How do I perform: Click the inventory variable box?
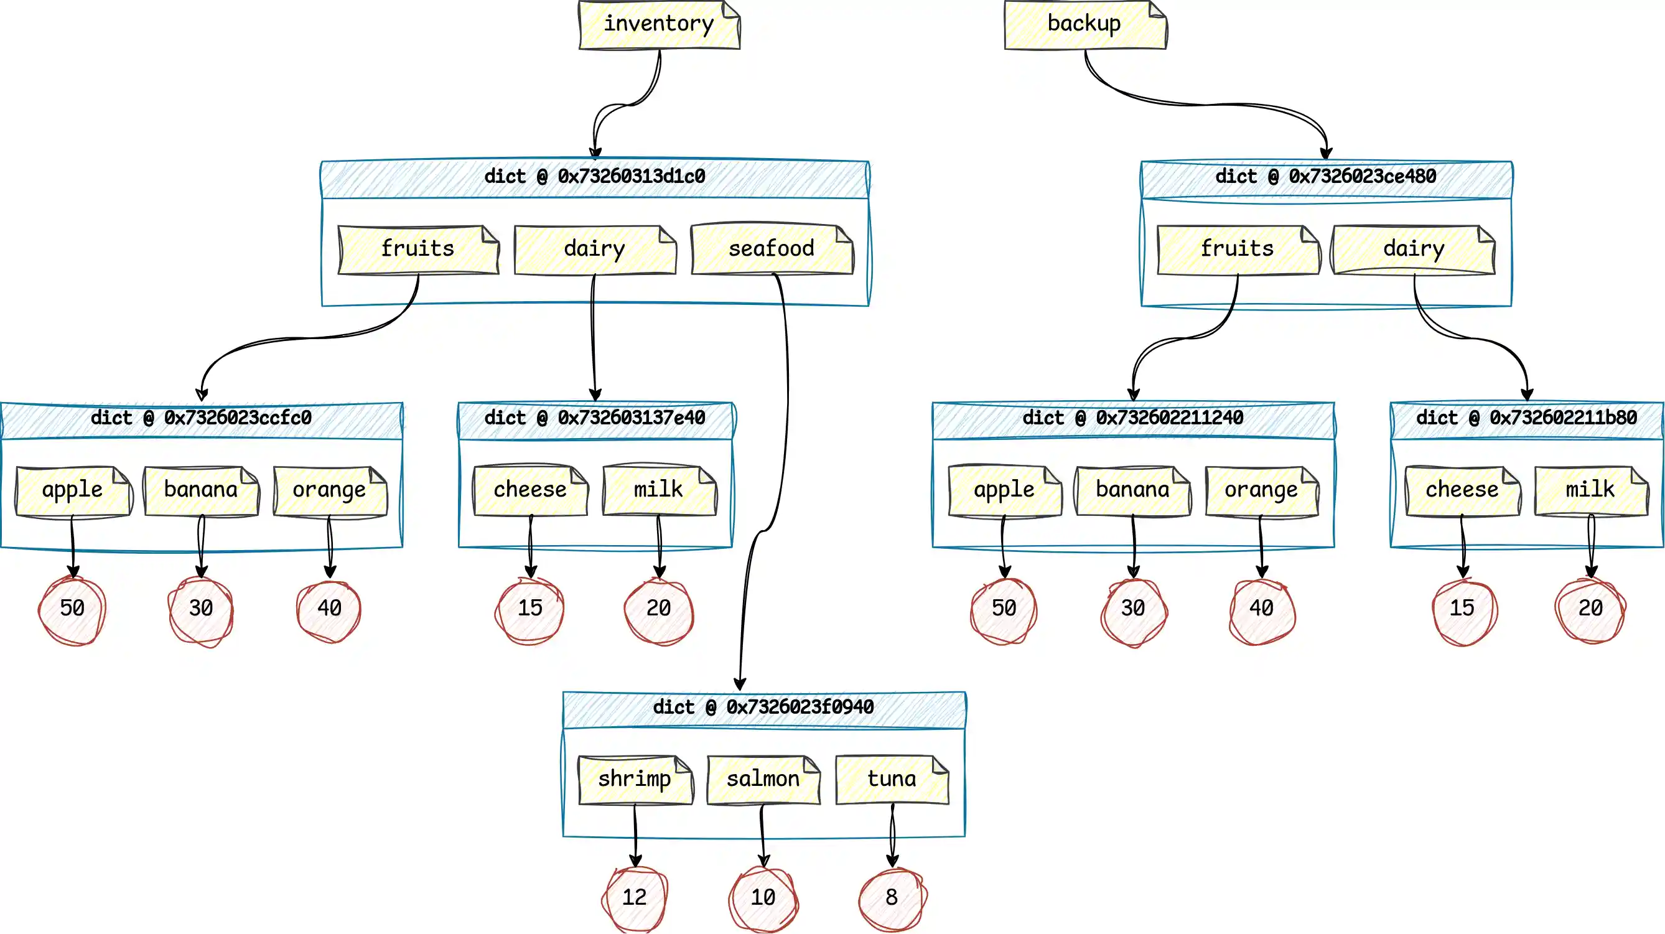[659, 24]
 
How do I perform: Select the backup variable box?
[1084, 24]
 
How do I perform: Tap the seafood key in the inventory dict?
[771, 249]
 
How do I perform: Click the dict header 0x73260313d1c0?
[595, 177]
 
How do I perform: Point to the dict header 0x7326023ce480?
[1326, 177]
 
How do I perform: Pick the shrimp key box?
[635, 779]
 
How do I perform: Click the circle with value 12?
[635, 897]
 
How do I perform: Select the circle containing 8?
[892, 897]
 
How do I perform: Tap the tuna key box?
[892, 779]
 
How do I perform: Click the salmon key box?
[763, 779]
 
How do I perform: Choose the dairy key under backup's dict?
[1413, 249]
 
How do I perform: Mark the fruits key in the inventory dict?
[418, 249]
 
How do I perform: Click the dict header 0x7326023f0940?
[763, 708]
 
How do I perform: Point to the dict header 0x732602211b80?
[1526, 418]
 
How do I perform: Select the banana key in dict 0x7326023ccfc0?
[201, 490]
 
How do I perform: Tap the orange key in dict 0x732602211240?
[1261, 490]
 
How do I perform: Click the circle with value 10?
[763, 897]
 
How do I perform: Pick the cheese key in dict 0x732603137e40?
[530, 490]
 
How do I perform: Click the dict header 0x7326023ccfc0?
[201, 418]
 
